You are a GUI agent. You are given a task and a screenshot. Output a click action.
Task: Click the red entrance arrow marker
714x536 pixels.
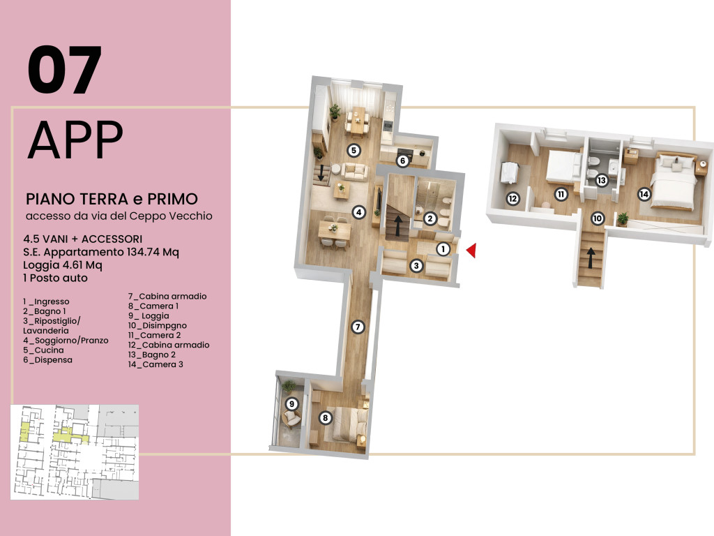click(x=472, y=251)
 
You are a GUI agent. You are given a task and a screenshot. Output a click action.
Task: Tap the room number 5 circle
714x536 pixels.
click(x=354, y=150)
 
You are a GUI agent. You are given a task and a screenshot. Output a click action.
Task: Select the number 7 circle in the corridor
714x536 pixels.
click(x=358, y=327)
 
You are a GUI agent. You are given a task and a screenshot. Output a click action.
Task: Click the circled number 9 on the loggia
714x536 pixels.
click(x=291, y=404)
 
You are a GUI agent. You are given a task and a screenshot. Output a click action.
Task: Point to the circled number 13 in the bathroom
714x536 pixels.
click(x=602, y=180)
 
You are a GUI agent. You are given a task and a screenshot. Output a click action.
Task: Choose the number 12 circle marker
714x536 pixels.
click(x=512, y=199)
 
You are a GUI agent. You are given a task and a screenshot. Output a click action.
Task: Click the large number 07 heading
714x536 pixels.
click(x=64, y=70)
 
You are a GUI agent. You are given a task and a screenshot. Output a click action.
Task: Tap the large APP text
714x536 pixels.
click(x=75, y=139)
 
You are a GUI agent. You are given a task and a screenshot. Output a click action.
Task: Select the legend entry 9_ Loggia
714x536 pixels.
click(x=149, y=316)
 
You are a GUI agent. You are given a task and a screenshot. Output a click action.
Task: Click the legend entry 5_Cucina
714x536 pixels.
click(x=43, y=350)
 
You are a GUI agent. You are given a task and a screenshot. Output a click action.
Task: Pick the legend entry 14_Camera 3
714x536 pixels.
click(x=155, y=364)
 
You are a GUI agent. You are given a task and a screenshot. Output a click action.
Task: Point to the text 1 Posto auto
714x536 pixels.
click(x=55, y=278)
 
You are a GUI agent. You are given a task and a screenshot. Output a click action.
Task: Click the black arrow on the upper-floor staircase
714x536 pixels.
click(x=591, y=258)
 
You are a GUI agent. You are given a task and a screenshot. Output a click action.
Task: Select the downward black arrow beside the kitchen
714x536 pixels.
click(x=321, y=173)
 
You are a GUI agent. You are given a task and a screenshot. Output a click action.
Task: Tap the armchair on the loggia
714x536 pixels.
click(x=291, y=418)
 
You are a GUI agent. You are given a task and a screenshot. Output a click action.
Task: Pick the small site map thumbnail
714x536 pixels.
click(x=75, y=452)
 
